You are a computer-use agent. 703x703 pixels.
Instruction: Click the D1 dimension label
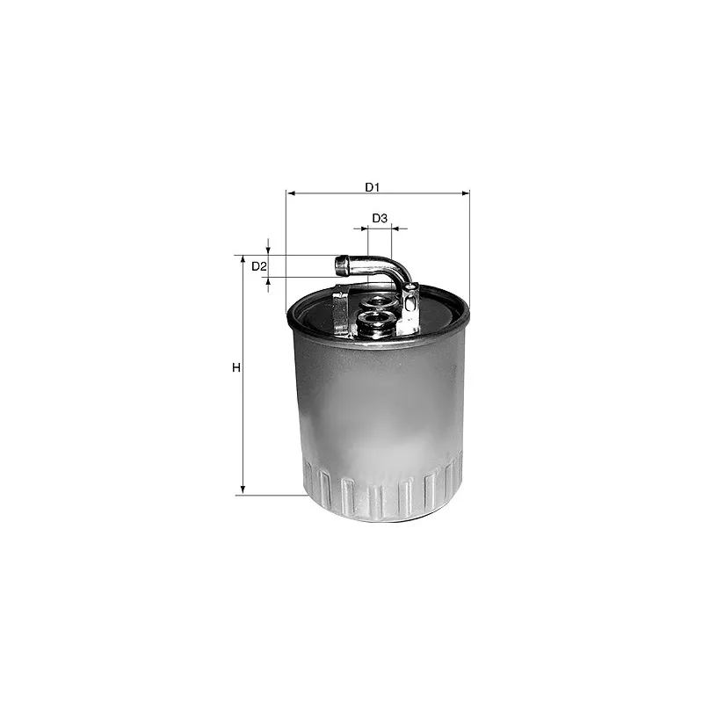(372, 187)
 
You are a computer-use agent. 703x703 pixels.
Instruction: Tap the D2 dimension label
(259, 267)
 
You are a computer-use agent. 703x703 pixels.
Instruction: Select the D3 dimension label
(380, 218)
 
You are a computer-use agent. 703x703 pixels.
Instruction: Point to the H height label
(236, 368)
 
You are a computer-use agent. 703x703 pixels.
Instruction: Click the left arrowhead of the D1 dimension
(291, 193)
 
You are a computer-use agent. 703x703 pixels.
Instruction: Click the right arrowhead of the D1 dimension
(465, 193)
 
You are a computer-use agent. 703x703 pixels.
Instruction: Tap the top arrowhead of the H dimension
(243, 260)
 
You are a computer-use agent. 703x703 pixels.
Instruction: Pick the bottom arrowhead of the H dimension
(243, 490)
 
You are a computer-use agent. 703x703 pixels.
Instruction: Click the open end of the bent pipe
(342, 265)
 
